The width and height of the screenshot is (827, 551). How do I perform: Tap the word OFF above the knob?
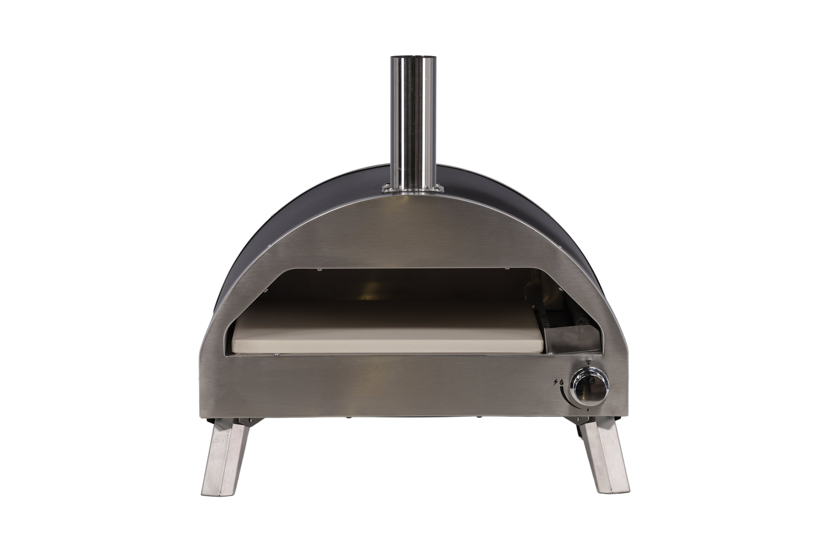coord(588,361)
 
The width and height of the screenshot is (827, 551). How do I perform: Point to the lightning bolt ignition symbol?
coord(556,382)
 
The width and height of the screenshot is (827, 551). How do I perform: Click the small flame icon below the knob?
coord(589,410)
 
